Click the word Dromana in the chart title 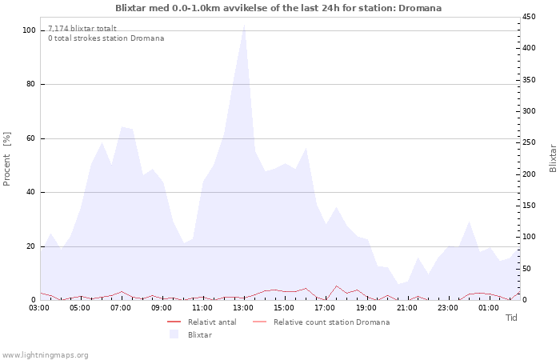[x=420, y=8]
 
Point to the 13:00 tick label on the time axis [x=243, y=308]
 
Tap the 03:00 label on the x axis [x=40, y=308]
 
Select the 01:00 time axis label [x=489, y=308]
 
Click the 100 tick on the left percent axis [x=29, y=30]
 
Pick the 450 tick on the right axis [x=529, y=17]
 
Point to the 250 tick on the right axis [x=529, y=142]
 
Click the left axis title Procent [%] [x=6, y=159]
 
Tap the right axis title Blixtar [x=553, y=158]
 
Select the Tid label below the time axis [x=511, y=318]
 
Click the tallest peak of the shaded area [x=244, y=25]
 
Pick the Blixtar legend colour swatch [x=174, y=334]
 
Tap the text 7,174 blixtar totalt [x=82, y=29]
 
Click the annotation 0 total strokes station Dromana [x=106, y=38]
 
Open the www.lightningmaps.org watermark [x=45, y=355]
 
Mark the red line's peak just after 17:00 [x=336, y=286]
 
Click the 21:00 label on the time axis [x=406, y=308]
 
